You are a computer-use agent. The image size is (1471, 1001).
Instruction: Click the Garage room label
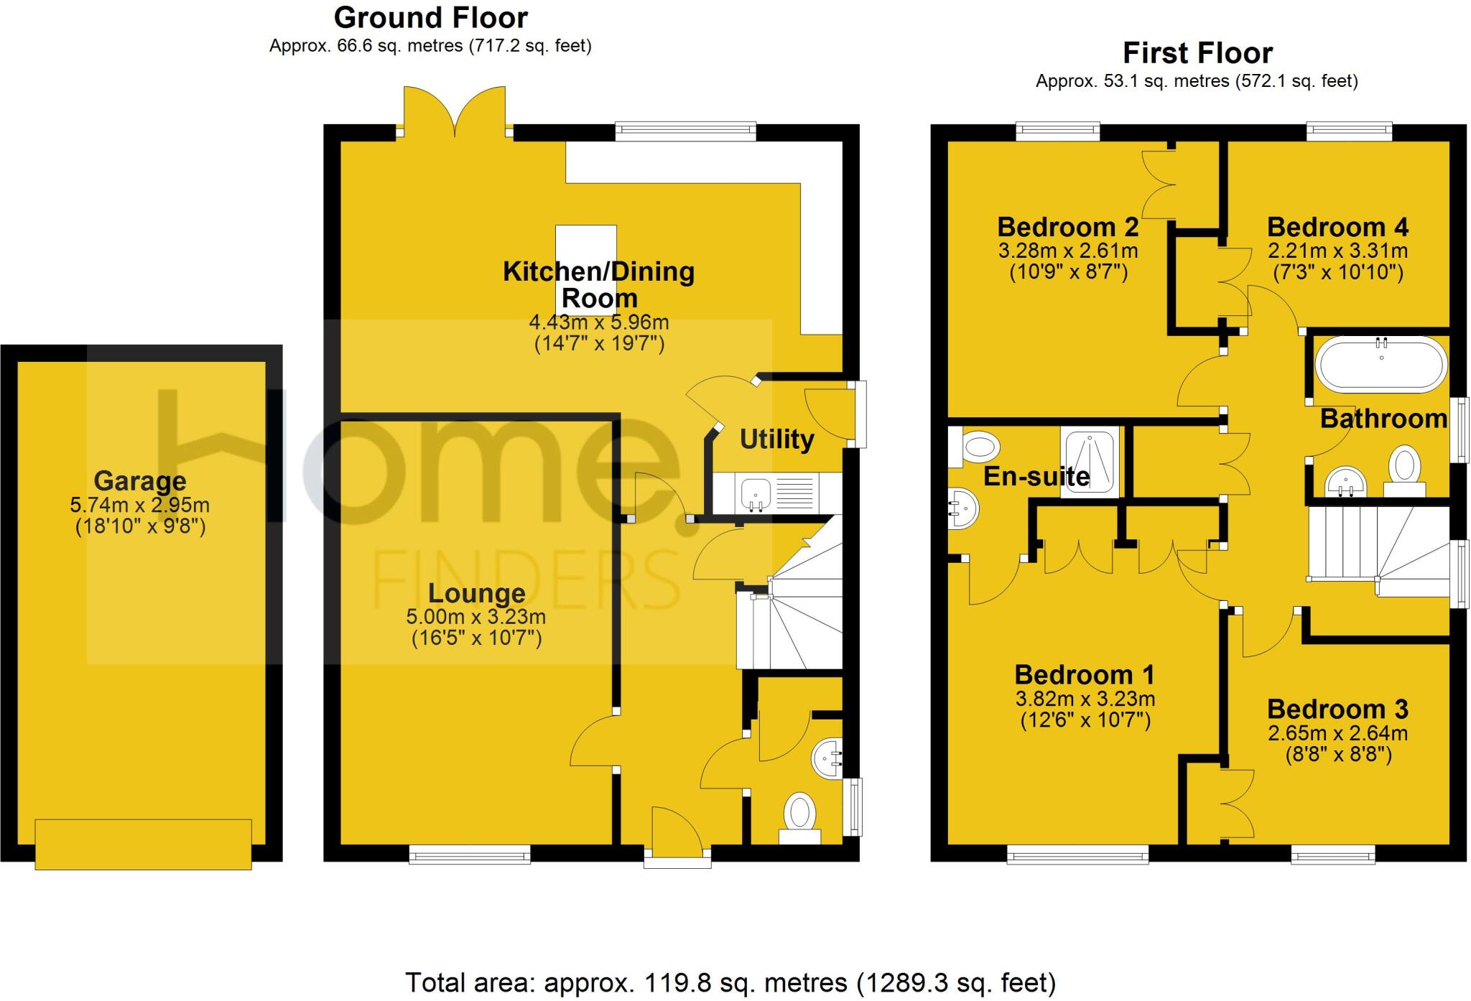click(x=140, y=480)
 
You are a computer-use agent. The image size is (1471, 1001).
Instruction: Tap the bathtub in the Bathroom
click(x=1381, y=364)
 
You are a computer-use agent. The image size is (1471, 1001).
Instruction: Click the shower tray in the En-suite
click(x=1090, y=460)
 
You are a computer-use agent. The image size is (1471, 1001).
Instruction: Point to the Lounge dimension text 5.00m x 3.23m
click(x=476, y=616)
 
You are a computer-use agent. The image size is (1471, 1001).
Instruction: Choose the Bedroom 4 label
click(x=1337, y=227)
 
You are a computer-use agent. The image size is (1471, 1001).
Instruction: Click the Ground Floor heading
click(x=431, y=17)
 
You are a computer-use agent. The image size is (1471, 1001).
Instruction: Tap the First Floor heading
click(x=1197, y=53)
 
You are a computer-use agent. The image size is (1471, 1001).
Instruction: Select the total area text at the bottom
click(x=730, y=982)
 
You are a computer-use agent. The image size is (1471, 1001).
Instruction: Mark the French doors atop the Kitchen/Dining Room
click(x=455, y=111)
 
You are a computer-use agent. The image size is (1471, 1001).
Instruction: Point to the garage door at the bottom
click(x=144, y=844)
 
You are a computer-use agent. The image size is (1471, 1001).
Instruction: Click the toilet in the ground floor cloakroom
click(x=799, y=819)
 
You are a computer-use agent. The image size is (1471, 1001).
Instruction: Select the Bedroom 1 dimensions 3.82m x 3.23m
click(x=1085, y=698)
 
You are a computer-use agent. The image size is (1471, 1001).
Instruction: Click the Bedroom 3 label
click(x=1337, y=709)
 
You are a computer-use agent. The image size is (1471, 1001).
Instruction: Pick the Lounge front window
click(x=470, y=853)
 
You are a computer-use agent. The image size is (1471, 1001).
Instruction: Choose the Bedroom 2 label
click(x=1068, y=227)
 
